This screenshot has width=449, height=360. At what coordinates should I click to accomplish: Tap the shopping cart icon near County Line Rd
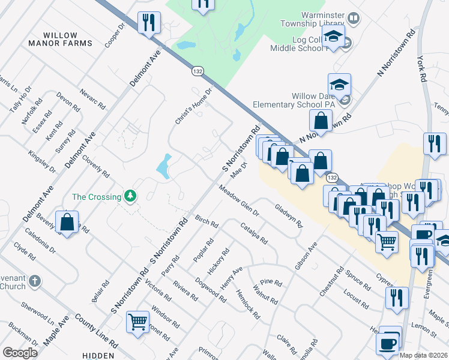point(138,322)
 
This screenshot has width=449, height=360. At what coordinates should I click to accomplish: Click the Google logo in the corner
point(20,353)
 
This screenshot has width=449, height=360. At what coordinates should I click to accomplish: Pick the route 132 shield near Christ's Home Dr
point(197,71)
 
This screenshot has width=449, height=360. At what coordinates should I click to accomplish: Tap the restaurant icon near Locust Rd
point(397,298)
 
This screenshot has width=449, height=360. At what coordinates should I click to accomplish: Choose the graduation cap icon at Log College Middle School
point(333,37)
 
